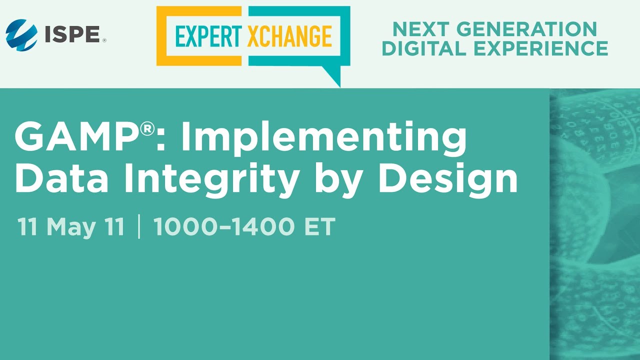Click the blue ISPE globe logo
21,35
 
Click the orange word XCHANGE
289,36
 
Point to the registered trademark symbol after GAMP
147,129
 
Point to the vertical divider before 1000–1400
138,227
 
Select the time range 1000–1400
224,227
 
